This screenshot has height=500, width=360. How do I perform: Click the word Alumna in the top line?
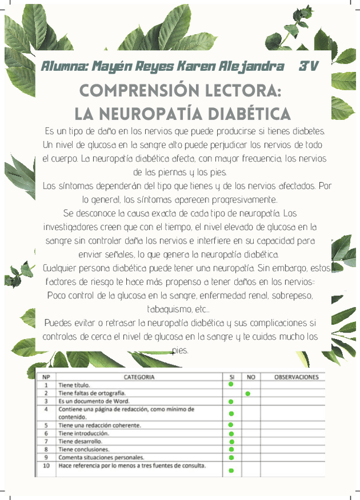(62, 66)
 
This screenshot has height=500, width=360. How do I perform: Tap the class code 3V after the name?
(308, 66)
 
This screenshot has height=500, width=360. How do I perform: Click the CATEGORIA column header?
(139, 377)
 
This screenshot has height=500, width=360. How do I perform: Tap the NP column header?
(46, 377)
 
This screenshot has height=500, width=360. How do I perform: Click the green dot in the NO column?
(248, 393)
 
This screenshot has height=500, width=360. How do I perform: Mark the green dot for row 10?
(231, 471)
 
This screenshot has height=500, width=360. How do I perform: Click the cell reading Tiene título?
(74, 385)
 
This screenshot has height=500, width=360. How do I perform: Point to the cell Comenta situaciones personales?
(101, 457)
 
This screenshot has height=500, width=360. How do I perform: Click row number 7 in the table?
(46, 441)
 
